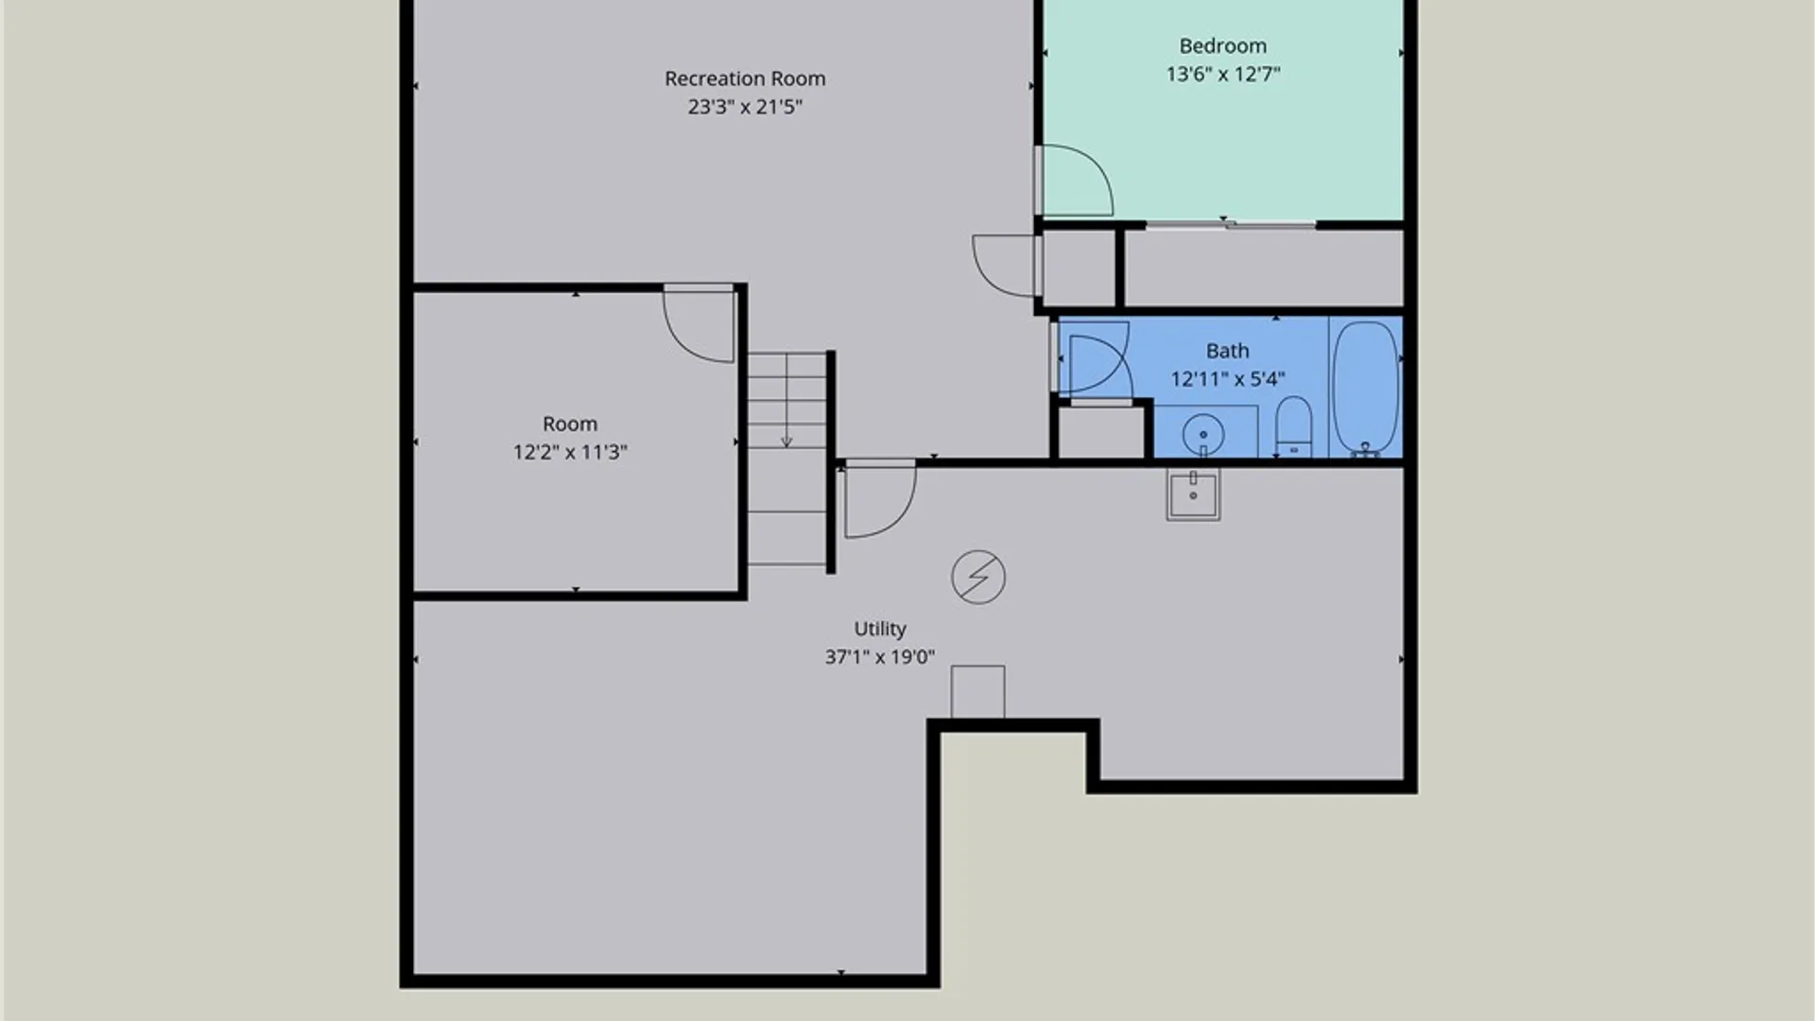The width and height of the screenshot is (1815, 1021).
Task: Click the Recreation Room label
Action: (x=745, y=78)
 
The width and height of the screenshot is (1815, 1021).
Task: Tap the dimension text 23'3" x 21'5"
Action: (x=745, y=107)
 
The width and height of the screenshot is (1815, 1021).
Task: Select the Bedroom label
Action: (x=1222, y=45)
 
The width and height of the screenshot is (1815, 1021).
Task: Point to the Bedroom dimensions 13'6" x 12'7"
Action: (x=1222, y=74)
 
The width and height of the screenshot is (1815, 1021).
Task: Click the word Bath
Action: (x=1227, y=351)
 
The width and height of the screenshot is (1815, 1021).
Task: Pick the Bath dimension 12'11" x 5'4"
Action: (x=1227, y=379)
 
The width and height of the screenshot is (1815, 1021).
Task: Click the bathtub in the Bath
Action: (x=1365, y=389)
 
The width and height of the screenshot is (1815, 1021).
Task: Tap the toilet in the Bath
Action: (x=1293, y=427)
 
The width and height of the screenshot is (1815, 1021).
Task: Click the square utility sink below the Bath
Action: (x=1193, y=494)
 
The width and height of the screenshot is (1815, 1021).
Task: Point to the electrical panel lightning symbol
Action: (x=978, y=577)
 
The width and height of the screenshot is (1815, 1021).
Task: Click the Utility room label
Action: (x=880, y=629)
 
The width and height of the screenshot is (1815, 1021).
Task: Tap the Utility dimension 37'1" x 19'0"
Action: (x=880, y=657)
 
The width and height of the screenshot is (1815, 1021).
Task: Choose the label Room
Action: (x=569, y=424)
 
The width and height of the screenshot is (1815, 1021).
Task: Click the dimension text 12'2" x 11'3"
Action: (x=569, y=452)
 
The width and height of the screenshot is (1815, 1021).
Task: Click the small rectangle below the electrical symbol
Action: (x=977, y=692)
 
